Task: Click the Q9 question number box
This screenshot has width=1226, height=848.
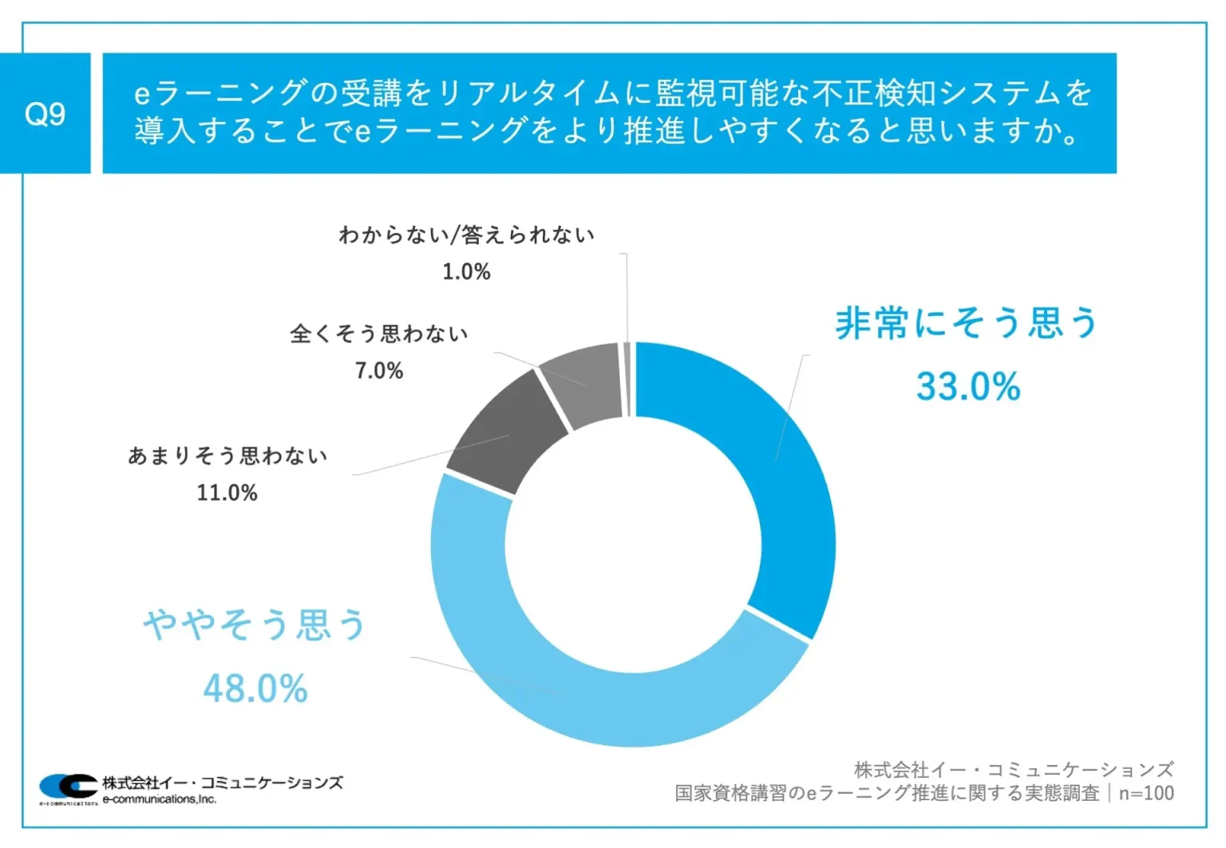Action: tap(45, 113)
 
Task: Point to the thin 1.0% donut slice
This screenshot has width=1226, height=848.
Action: tap(627, 379)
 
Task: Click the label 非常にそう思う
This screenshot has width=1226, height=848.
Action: tap(967, 324)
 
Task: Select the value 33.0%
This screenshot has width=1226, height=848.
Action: tap(968, 387)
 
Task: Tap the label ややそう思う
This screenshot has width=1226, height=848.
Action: tap(255, 625)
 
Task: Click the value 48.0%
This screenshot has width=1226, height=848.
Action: tap(255, 688)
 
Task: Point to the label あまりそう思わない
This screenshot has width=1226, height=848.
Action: tap(227, 456)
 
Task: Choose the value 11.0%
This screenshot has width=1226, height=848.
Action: tap(227, 493)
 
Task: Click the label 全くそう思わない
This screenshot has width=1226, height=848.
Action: tap(378, 333)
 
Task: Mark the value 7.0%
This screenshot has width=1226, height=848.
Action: tap(379, 371)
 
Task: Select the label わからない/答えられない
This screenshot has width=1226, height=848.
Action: tap(466, 235)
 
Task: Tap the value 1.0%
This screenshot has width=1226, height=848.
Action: tap(466, 272)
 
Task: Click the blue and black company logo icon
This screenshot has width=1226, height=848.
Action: tap(69, 786)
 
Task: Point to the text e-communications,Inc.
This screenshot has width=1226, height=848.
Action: tap(160, 799)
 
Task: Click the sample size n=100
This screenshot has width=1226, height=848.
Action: tap(1146, 793)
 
